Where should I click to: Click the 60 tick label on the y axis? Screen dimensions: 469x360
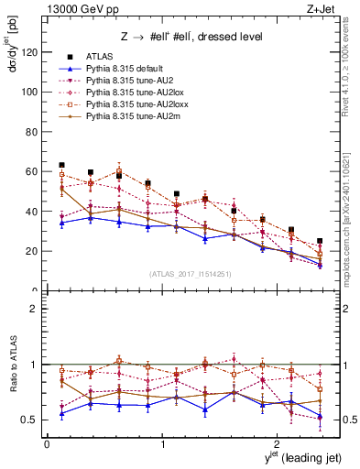(x=33, y=171)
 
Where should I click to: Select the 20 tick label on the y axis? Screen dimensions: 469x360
(x=33, y=251)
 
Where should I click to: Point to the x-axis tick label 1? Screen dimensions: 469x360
(x=162, y=443)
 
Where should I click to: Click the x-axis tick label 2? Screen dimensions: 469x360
(x=278, y=443)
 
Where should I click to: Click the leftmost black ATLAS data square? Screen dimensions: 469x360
(x=61, y=165)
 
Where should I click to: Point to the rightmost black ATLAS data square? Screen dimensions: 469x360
(x=320, y=241)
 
